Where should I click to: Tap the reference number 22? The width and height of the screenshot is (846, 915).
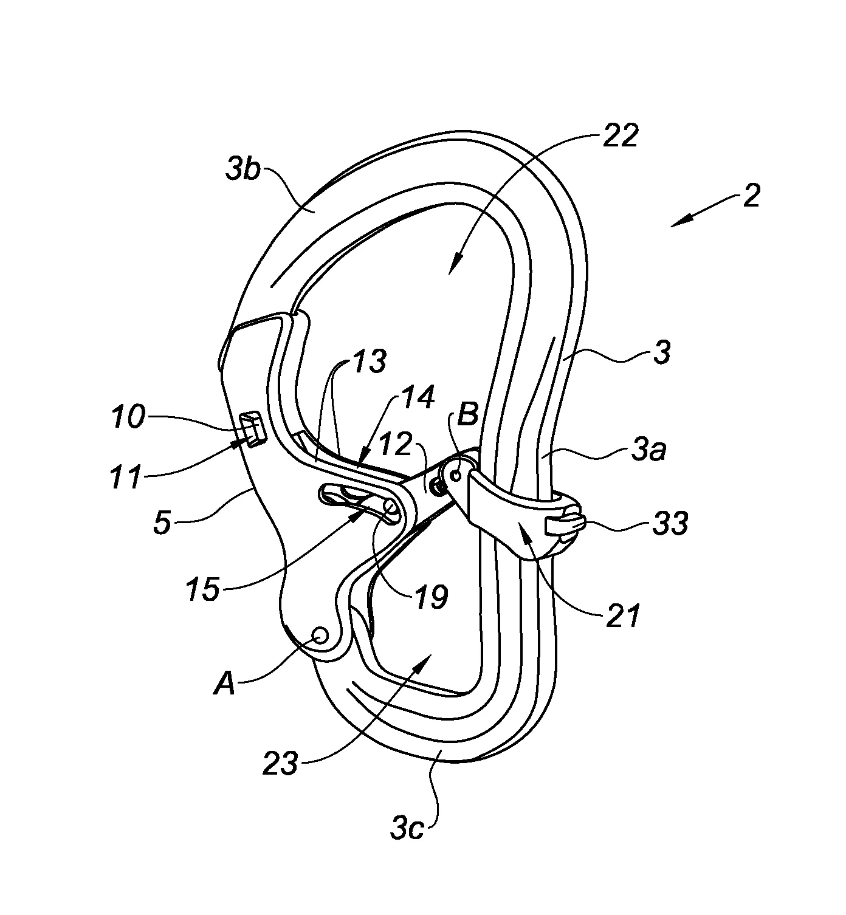pyautogui.click(x=620, y=136)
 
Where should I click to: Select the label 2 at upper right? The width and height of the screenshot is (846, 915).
pyautogui.click(x=751, y=196)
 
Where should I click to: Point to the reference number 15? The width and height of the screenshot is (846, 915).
pyautogui.click(x=203, y=589)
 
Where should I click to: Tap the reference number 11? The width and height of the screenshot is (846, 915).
pyautogui.click(x=125, y=477)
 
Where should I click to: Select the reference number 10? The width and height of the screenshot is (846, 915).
pyautogui.click(x=128, y=417)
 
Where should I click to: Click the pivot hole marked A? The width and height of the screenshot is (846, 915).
pyautogui.click(x=320, y=636)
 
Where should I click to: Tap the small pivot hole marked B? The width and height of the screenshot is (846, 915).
pyautogui.click(x=455, y=476)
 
